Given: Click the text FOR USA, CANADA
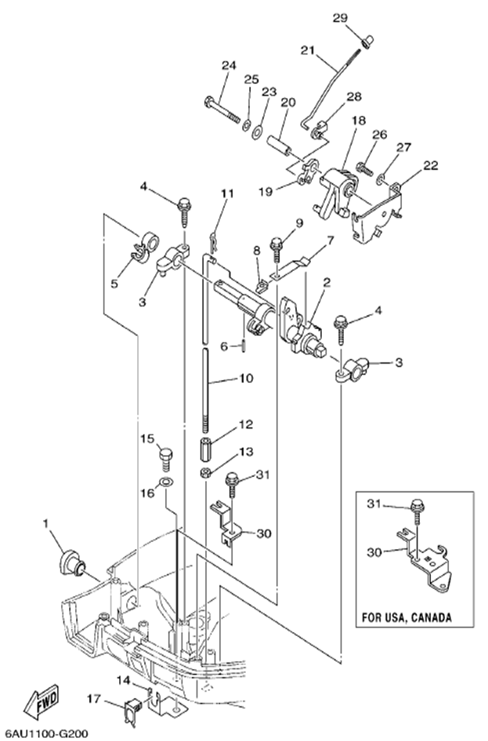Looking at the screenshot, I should click(407, 616).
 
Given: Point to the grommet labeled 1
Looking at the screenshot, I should click(73, 562).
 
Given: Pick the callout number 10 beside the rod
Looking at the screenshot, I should click(246, 378).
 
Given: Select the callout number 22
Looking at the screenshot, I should click(430, 164).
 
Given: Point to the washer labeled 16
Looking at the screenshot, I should click(166, 480).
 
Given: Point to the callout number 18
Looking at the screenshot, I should click(358, 121).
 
